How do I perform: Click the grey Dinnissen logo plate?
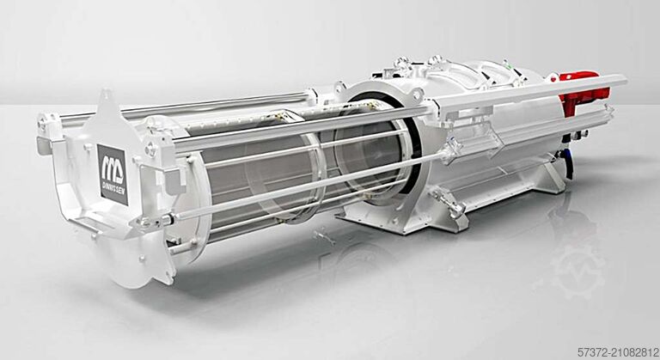(112, 174)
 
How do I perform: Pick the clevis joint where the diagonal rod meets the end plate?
(163, 220)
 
